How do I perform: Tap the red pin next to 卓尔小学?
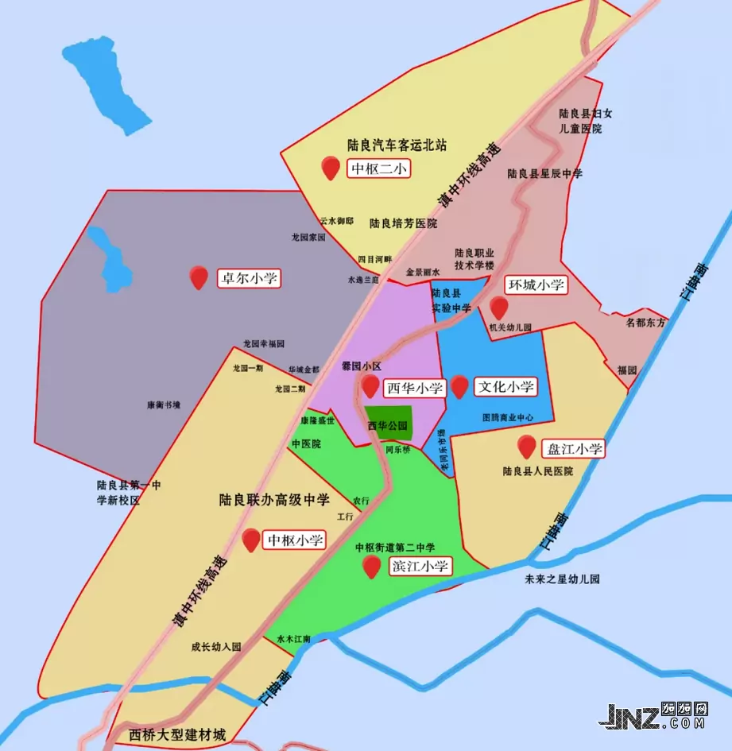(x=199, y=277)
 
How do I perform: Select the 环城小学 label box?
(x=536, y=285)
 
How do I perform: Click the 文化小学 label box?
(x=505, y=387)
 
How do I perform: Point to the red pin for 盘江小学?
(x=526, y=447)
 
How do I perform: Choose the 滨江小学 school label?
(x=420, y=566)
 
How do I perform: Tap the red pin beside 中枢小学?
(x=252, y=539)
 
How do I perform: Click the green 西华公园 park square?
(x=389, y=424)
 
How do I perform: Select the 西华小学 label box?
(x=414, y=388)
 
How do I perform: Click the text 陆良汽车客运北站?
(x=397, y=145)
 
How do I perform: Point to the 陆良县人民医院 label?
(x=538, y=471)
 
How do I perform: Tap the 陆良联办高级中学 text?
(x=274, y=500)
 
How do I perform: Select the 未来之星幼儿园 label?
(x=563, y=579)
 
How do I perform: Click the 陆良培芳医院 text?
(x=403, y=223)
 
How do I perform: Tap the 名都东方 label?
(x=646, y=323)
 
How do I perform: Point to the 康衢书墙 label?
(x=164, y=405)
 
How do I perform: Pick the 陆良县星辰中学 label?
(x=544, y=173)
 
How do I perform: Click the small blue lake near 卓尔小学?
(x=111, y=259)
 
